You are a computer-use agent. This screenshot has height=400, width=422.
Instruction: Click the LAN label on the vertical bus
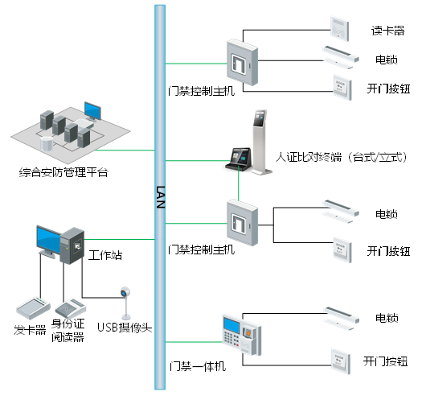click(x=160, y=197)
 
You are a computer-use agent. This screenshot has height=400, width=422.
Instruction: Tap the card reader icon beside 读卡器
click(x=340, y=29)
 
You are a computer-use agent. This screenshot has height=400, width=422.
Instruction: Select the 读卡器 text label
click(x=387, y=31)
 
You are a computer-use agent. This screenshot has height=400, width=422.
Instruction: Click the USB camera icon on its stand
click(x=125, y=303)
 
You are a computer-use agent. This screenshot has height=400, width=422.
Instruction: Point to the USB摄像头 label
click(x=125, y=328)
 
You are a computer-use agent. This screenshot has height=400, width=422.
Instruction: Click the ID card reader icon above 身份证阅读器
click(x=70, y=308)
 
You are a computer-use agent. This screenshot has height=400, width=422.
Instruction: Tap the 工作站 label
click(x=105, y=255)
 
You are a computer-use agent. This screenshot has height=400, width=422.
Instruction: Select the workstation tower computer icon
click(x=72, y=245)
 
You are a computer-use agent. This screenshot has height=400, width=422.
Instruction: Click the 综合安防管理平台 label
click(x=64, y=172)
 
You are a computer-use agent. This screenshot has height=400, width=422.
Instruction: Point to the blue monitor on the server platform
click(x=92, y=111)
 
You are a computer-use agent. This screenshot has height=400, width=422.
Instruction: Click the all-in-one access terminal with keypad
click(x=242, y=334)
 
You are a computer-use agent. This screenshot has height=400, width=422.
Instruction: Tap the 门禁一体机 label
click(x=198, y=366)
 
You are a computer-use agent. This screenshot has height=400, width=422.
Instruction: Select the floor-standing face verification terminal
click(x=260, y=142)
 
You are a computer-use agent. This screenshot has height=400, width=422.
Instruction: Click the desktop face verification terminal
click(x=239, y=159)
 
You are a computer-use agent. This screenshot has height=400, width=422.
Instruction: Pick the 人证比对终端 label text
click(x=309, y=157)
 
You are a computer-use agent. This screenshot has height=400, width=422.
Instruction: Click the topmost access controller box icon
click(x=242, y=62)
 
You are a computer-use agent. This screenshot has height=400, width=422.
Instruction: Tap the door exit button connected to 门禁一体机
click(x=341, y=361)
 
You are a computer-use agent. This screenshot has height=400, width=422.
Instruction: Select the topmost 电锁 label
click(x=387, y=60)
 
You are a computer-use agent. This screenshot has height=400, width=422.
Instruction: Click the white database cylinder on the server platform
click(x=47, y=143)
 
